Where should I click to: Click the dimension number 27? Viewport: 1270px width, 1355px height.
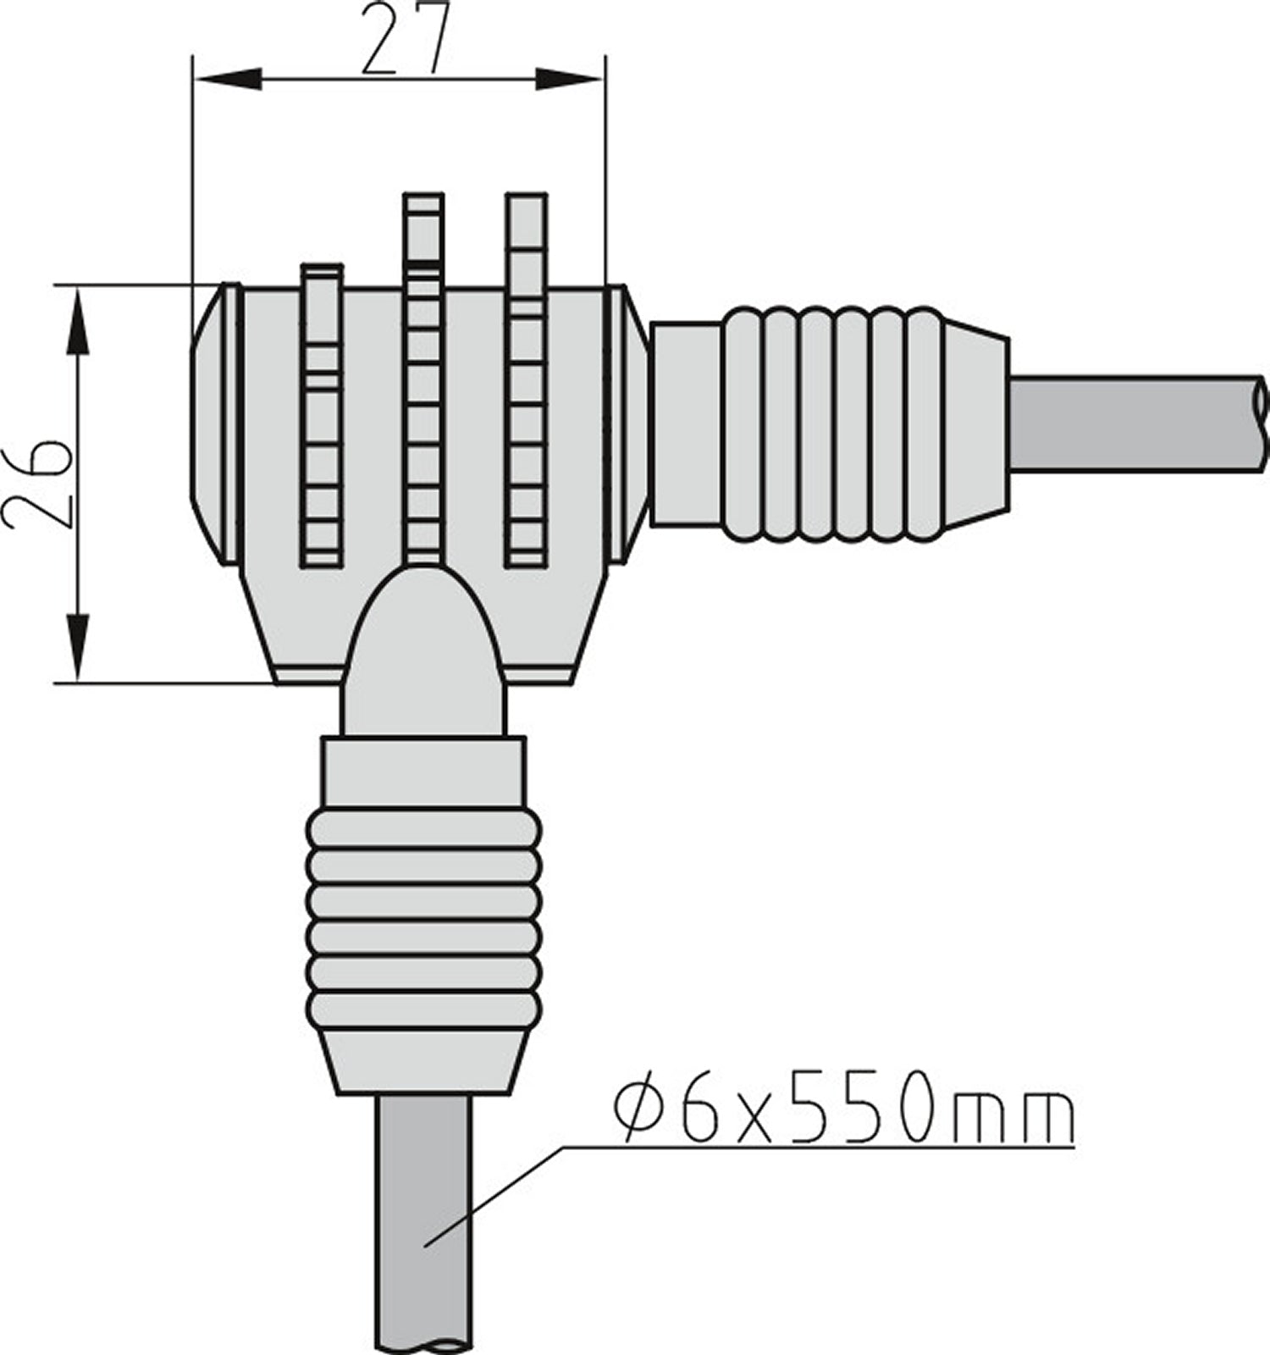(404, 40)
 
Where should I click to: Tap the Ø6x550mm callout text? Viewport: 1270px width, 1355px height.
(843, 1107)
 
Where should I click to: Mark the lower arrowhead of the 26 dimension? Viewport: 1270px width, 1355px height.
(77, 649)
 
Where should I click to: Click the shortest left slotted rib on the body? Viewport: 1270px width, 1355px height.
(322, 415)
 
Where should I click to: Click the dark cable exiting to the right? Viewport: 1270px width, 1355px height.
(1135, 423)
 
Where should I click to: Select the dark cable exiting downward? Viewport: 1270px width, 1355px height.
(422, 1219)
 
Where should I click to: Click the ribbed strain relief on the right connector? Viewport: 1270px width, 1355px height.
(834, 423)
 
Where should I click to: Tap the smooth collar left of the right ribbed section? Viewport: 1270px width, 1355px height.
(686, 423)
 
